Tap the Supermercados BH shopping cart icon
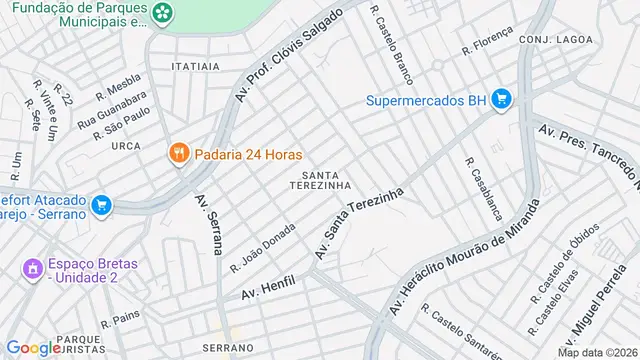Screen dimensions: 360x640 (502, 100)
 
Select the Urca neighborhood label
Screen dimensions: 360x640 (126, 146)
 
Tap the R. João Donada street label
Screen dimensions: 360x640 (262, 247)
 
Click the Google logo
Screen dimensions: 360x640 (32, 347)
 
